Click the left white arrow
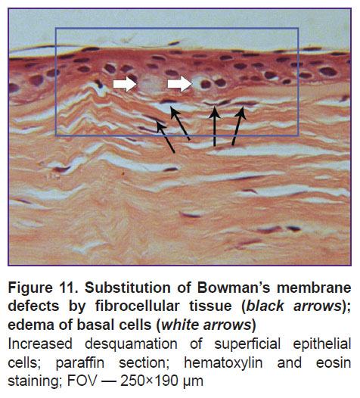click(x=125, y=84)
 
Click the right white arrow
click(x=179, y=84)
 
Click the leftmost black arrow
click(x=166, y=136)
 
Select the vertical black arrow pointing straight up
click(x=215, y=126)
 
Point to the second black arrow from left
click(x=180, y=123)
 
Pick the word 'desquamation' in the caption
click(x=131, y=344)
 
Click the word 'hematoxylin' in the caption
click(x=223, y=362)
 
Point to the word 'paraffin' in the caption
click(x=80, y=362)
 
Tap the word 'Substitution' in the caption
click(x=128, y=288)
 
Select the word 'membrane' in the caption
click(x=314, y=288)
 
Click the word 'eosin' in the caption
click(x=334, y=362)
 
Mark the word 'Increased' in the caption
click(x=40, y=344)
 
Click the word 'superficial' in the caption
click(x=247, y=344)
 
